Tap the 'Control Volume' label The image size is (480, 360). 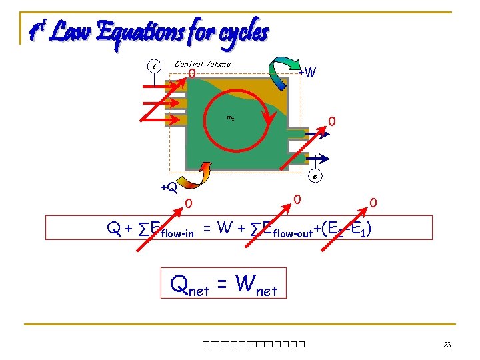203,64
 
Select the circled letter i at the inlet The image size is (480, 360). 155,67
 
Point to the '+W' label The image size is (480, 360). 307,71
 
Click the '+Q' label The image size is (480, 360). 169,187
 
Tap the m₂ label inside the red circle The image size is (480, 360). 230,118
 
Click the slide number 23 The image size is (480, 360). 447,345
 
